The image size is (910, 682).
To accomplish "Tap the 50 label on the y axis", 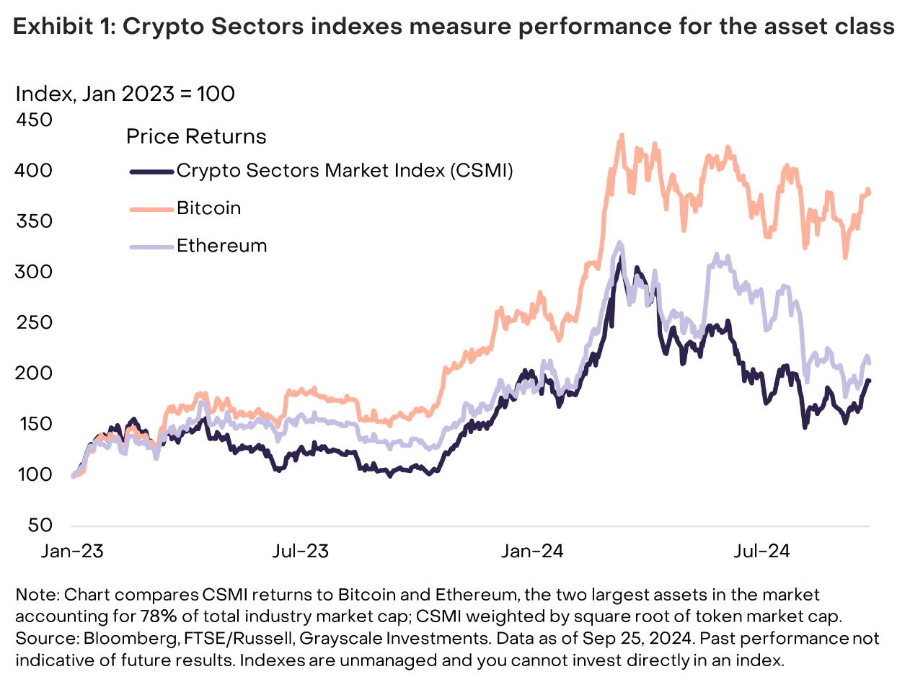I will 41,526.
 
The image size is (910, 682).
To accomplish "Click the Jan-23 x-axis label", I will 73,552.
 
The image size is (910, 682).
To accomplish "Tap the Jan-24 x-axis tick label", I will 531,552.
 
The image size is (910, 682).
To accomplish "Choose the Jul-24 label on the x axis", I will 761,552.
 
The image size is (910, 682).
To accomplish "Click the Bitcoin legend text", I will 209,208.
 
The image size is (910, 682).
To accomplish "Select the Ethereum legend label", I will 221,246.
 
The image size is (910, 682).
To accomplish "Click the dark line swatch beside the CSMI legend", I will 151,171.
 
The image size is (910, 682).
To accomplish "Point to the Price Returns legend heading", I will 196,136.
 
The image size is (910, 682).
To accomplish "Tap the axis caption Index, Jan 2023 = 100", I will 125,94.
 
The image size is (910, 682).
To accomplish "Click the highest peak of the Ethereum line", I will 619,244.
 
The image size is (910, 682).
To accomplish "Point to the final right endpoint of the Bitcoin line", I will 870,192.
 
